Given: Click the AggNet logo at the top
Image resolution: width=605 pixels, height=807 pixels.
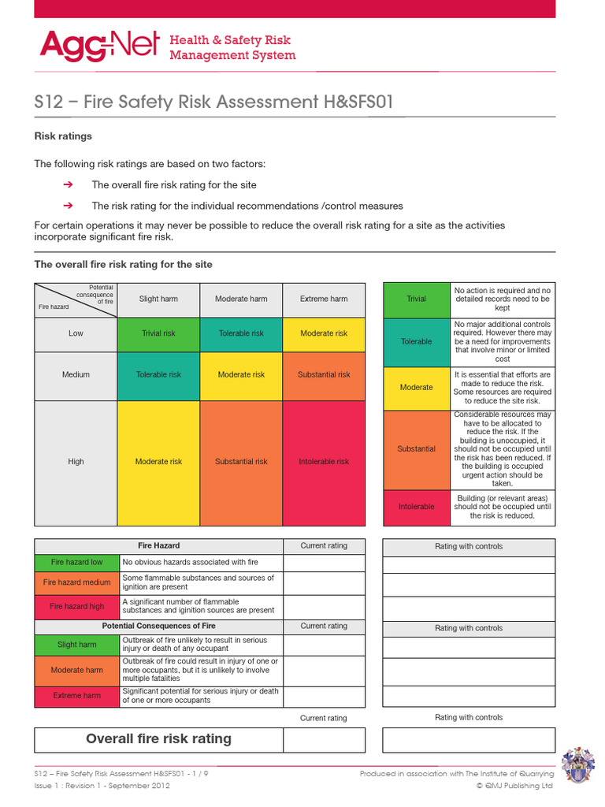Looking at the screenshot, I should [99, 46].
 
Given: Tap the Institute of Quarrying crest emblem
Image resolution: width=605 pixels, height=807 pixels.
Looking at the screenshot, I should [579, 767].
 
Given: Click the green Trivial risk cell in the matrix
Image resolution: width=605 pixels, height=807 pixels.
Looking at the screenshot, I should [158, 333].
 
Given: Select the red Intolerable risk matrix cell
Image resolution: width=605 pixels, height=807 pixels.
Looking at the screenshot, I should [324, 462].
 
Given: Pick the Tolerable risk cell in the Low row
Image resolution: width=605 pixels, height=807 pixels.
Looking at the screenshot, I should [241, 333].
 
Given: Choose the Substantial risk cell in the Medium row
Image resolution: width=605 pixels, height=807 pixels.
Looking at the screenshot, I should [324, 374].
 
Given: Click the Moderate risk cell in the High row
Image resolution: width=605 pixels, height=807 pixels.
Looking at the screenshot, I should [158, 462].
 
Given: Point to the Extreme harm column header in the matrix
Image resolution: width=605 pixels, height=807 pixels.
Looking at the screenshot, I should [324, 299].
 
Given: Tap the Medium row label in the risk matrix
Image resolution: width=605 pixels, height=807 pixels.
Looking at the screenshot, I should [76, 374].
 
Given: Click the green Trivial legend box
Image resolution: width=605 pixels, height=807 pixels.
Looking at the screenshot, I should [416, 299].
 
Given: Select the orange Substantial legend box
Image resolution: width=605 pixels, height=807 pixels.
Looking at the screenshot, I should [416, 449].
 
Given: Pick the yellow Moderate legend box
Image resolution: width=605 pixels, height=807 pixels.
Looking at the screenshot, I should [416, 388].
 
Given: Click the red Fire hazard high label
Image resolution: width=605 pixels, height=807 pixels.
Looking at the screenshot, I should [76, 607].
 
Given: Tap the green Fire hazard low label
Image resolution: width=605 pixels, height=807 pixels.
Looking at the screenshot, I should [76, 563].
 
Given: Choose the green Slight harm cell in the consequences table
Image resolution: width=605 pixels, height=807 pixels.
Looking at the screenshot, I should [76, 645].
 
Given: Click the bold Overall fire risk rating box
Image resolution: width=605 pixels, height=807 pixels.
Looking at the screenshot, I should [158, 739].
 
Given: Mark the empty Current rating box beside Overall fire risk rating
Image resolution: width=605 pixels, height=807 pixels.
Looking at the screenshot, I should [324, 740].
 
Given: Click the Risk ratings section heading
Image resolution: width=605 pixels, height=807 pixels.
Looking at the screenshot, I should [63, 136].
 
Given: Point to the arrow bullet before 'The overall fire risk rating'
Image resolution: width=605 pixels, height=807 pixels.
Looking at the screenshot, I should [68, 184].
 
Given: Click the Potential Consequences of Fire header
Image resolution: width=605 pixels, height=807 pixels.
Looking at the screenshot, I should [158, 626].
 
